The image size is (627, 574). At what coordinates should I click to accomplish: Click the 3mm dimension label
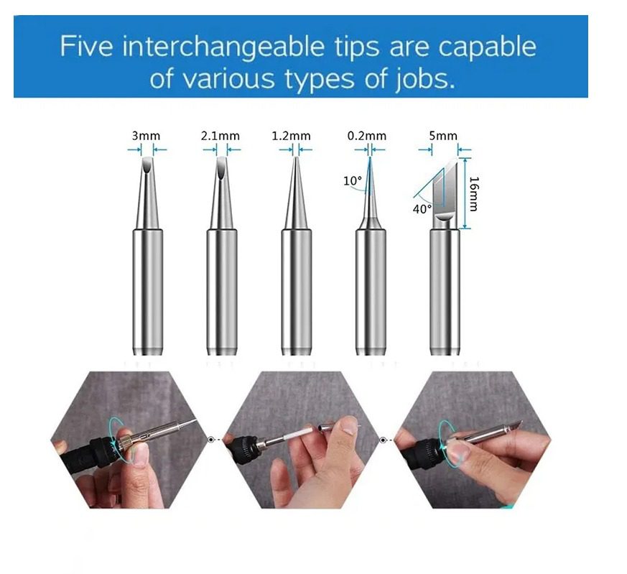tap(146, 136)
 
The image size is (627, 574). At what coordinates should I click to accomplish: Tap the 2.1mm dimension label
tap(220, 136)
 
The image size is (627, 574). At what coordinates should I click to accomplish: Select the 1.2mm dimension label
tap(291, 136)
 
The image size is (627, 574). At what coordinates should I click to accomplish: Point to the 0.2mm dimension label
tap(367, 136)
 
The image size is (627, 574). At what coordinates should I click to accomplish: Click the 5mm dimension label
tap(443, 136)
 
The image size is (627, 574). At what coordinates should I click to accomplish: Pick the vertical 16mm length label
tap(473, 193)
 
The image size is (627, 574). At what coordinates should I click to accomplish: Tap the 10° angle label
tap(353, 181)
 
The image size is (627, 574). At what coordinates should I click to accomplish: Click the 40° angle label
tap(422, 209)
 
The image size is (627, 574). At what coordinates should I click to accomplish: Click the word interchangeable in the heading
tap(223, 46)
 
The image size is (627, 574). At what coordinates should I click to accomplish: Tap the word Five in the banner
tap(86, 46)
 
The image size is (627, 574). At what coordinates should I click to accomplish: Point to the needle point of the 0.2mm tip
tap(370, 157)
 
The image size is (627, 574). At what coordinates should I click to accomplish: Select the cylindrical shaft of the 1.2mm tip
tap(297, 292)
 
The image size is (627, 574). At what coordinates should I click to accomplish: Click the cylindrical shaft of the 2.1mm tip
tap(222, 292)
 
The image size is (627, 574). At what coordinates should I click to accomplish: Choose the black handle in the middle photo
tap(242, 449)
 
